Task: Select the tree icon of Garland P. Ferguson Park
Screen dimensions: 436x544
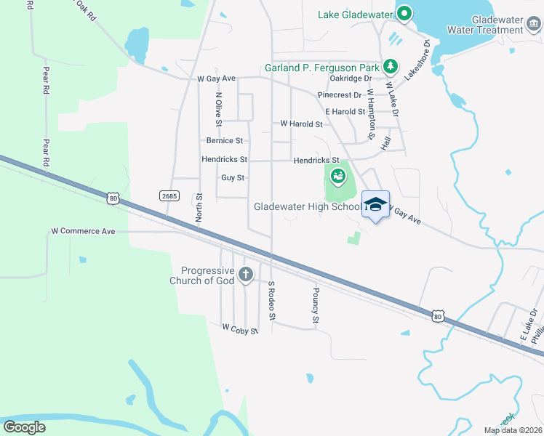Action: click(x=391, y=67)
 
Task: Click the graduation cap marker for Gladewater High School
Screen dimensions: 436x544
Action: click(x=375, y=204)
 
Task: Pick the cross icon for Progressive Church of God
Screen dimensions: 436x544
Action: click(x=246, y=274)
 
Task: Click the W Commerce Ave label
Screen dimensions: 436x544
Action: click(x=83, y=231)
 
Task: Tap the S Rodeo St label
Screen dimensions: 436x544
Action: click(x=272, y=301)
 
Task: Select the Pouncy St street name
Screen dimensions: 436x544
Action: click(x=316, y=305)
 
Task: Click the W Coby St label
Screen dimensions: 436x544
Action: click(x=240, y=330)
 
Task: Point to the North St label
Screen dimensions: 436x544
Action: click(x=199, y=207)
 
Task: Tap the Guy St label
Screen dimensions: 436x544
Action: click(x=233, y=177)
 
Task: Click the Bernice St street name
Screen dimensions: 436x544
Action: click(x=224, y=140)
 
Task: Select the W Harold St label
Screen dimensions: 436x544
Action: click(x=301, y=124)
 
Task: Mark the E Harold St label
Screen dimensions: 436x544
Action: click(x=345, y=111)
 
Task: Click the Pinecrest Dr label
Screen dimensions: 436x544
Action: click(x=339, y=94)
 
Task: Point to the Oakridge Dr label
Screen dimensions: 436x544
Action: click(x=351, y=78)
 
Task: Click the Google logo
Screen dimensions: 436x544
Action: click(x=25, y=427)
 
